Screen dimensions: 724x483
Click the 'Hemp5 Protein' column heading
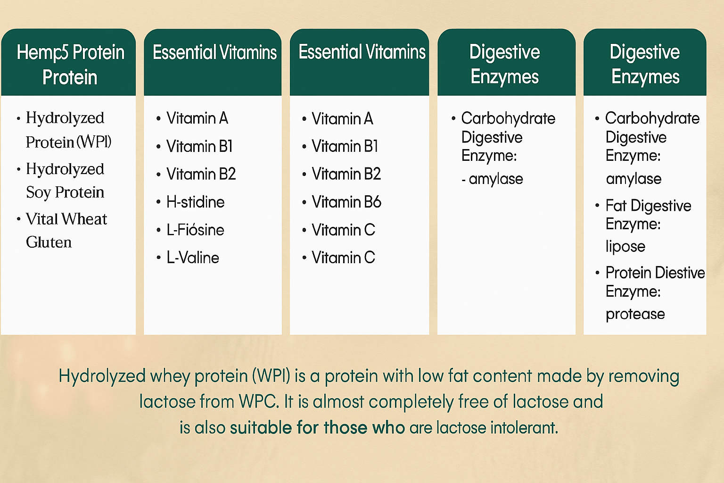point(70,65)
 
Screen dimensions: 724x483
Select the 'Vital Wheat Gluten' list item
point(66,230)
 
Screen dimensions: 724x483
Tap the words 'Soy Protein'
point(65,192)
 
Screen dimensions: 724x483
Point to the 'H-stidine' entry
point(195,202)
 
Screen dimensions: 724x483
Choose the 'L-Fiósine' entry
point(195,230)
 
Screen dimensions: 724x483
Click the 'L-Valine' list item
point(193,258)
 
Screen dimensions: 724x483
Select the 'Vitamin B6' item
point(346,202)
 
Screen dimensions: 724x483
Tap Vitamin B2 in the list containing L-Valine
point(201,174)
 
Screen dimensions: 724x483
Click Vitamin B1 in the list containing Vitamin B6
point(345,146)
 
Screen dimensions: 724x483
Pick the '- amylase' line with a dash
point(492,179)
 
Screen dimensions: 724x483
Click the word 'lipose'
point(625,246)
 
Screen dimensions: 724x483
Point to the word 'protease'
point(635,314)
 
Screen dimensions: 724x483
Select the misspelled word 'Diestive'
point(680,273)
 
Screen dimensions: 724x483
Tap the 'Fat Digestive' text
point(649,206)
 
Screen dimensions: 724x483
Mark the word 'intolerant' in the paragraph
point(524,427)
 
